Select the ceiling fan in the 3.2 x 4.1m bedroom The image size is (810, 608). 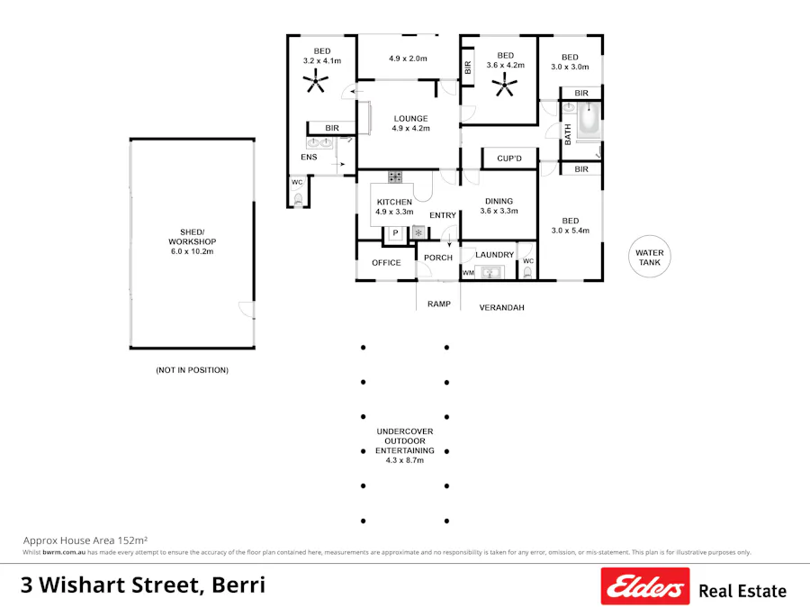point(315,83)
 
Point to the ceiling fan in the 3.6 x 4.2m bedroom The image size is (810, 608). point(504,87)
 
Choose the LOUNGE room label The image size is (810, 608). point(410,119)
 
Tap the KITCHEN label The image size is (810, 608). point(394,202)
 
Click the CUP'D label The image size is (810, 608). point(509,159)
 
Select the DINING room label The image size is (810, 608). point(499,202)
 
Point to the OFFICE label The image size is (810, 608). point(386,263)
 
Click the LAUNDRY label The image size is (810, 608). point(494,255)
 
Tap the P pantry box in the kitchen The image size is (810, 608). point(394,233)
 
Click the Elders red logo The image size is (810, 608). point(644,586)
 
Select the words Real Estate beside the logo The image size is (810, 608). point(742,591)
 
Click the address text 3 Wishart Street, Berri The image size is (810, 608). point(142,585)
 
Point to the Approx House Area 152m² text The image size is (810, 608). point(85,539)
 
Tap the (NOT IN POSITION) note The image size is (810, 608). point(192,370)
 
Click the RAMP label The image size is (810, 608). point(438,304)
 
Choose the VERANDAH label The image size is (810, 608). point(501,307)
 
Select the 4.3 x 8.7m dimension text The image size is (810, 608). point(405,460)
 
